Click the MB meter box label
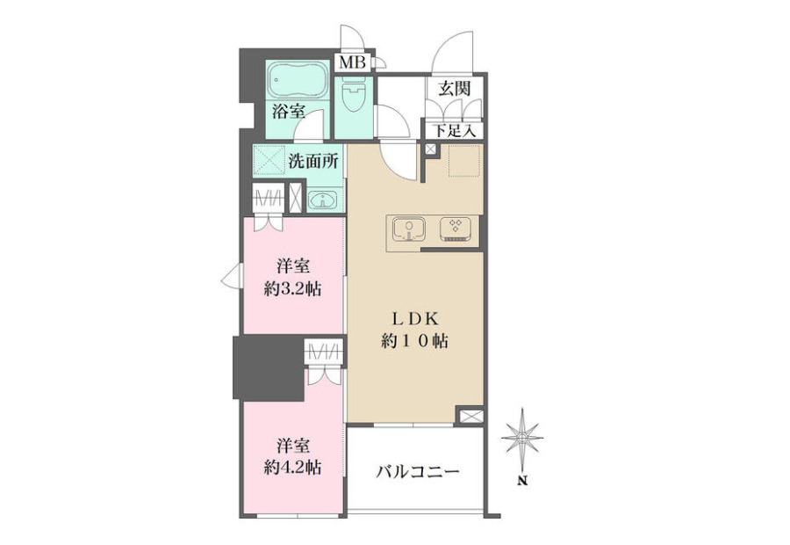[x=352, y=62]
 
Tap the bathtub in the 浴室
[x=298, y=80]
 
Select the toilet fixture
[x=353, y=98]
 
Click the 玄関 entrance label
[x=454, y=88]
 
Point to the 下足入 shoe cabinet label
[x=455, y=131]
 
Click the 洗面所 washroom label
[x=313, y=161]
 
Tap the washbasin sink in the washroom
[x=322, y=201]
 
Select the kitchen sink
[x=408, y=229]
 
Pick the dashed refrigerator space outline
[x=463, y=161]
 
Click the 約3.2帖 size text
[x=292, y=290]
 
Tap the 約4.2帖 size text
[x=292, y=468]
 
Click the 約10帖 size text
[x=414, y=342]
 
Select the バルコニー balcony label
[x=418, y=473]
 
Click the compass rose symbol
[x=523, y=434]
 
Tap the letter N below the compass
[x=523, y=481]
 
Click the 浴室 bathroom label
[x=289, y=111]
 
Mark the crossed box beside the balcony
[x=470, y=416]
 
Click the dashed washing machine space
[x=269, y=160]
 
